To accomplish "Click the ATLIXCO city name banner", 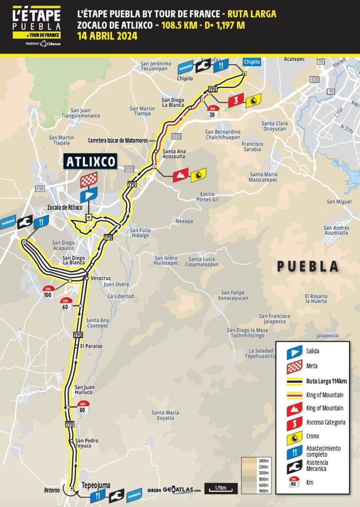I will tap(90, 161).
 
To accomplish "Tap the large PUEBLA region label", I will tap(308, 266).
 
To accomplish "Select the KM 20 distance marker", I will tap(212, 111).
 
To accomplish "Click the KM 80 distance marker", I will tap(84, 407).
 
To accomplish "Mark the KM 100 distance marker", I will tap(48, 292).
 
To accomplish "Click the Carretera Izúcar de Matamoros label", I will tap(117, 140).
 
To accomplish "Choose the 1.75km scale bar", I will tap(221, 488).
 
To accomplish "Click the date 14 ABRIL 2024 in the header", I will tap(107, 36).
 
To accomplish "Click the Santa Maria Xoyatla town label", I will tap(166, 415).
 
